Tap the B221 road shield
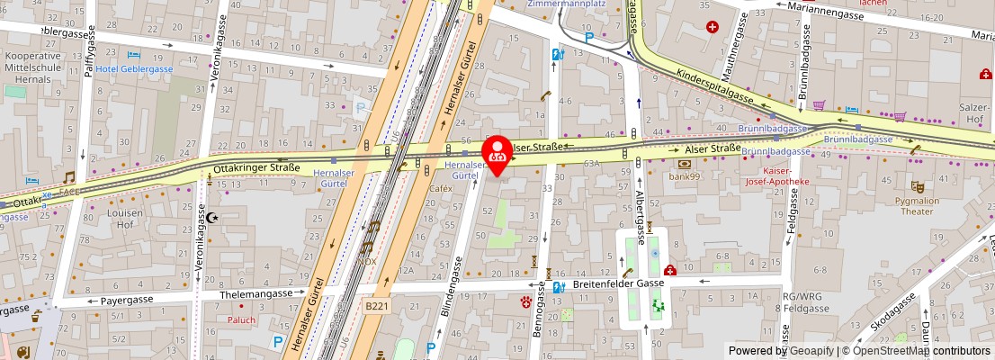point(377,306)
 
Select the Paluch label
point(241,319)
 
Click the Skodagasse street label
point(894,314)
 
